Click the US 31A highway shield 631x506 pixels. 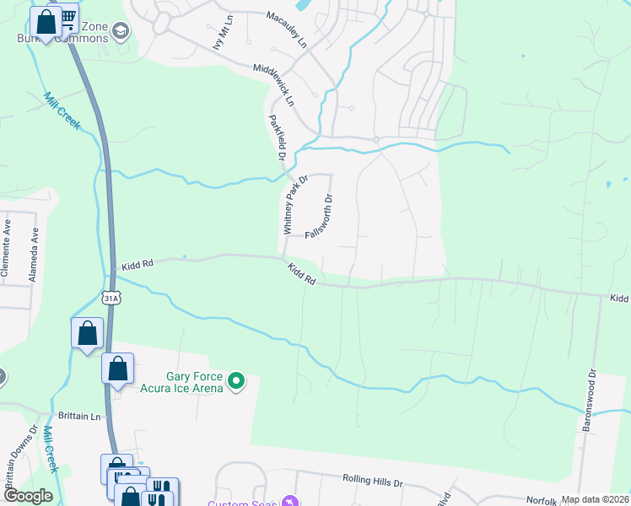pos(111,298)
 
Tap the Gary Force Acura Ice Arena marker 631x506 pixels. pos(237,382)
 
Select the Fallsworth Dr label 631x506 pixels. pos(321,217)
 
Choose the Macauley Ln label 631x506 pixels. pos(286,30)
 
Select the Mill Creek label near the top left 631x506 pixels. pos(62,110)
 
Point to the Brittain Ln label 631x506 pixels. pos(79,416)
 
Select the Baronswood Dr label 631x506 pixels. pos(592,396)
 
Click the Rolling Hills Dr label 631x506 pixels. pos(373,478)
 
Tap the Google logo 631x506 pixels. pos(28,495)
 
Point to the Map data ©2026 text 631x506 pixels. pos(595,499)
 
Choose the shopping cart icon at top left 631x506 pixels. pos(67,17)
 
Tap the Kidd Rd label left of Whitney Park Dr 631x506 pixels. pos(136,264)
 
